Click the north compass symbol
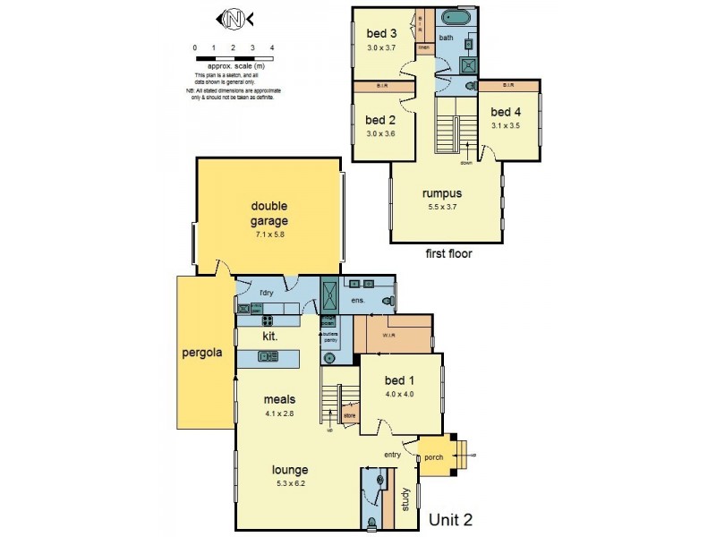[234, 17]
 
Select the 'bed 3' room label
[382, 34]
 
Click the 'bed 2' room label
[381, 120]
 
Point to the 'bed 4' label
[506, 112]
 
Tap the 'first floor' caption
[448, 253]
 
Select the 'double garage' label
[268, 214]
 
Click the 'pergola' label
[202, 352]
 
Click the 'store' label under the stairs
[349, 415]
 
